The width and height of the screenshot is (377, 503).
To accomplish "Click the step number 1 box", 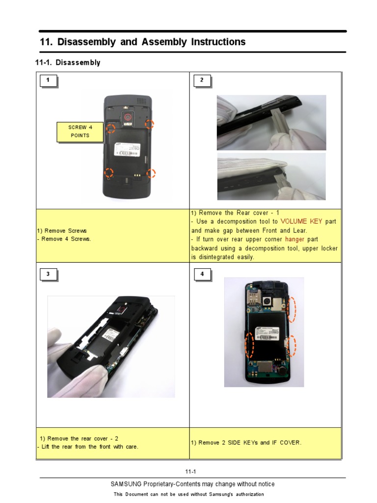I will coord(48,81).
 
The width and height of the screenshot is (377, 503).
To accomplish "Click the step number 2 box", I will coord(202,81).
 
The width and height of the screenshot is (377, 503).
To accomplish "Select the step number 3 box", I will coord(48,274).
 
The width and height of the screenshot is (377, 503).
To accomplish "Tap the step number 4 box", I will coord(202,274).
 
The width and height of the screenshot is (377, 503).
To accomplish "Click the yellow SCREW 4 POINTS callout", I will coord(80,131).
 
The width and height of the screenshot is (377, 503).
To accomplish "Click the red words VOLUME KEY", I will coord(301,222).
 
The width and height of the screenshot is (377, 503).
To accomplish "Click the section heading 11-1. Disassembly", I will coord(68,63).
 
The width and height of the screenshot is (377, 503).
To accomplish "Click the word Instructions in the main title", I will coord(217,42).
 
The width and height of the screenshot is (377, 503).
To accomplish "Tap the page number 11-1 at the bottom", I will coord(191,472).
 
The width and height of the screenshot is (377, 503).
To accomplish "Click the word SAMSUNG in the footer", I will coord(127,484).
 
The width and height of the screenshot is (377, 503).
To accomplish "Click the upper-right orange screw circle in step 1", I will coord(149,124).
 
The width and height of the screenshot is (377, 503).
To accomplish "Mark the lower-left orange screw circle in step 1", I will coord(108,172).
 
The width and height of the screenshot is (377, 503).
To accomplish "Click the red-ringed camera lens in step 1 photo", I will coord(128,117).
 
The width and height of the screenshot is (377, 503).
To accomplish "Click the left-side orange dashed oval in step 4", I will coord(250,343).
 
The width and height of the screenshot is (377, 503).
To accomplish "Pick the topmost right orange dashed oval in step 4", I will coord(292,309).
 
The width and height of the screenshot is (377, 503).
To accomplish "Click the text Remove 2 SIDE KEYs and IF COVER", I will coord(246,443).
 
